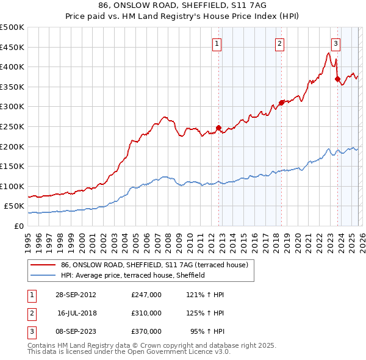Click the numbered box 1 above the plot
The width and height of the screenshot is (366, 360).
click(218, 43)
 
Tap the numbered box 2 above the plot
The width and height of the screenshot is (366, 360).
click(279, 43)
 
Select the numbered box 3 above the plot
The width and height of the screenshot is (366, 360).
click(335, 43)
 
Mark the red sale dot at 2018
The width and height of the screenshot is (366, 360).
click(281, 103)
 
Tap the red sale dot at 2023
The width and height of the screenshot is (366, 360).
click(337, 79)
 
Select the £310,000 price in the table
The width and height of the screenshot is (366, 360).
click(146, 313)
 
